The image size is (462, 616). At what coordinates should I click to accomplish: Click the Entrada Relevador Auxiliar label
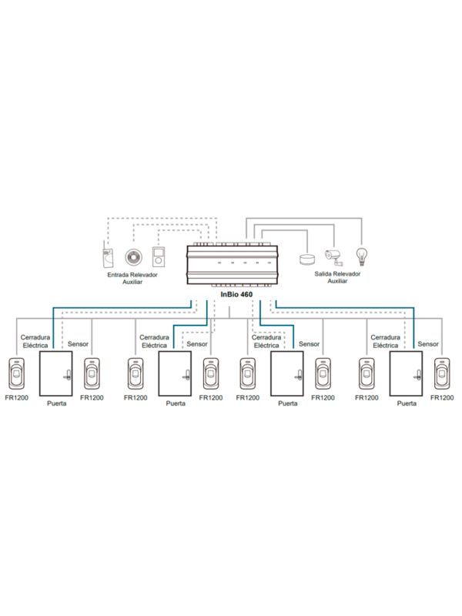click(x=131, y=277)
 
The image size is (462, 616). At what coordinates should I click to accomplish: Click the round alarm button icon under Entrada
click(x=131, y=256)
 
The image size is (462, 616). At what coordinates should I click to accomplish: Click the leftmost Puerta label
click(x=56, y=403)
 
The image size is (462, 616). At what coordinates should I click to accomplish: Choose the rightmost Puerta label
click(x=406, y=403)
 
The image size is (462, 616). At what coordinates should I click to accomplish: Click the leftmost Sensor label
click(x=79, y=344)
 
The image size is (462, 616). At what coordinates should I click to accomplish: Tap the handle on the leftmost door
click(x=67, y=377)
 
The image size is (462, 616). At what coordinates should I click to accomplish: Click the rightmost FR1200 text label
click(x=443, y=397)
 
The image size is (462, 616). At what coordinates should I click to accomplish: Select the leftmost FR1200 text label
click(x=16, y=397)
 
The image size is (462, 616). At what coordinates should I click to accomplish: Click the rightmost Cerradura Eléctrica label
click(x=385, y=341)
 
